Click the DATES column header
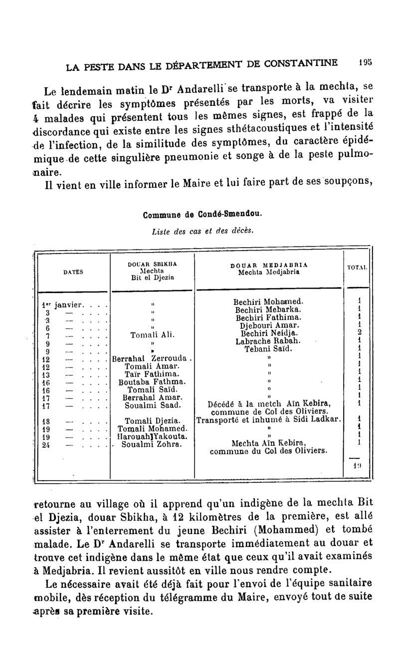73,272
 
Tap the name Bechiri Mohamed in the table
268,302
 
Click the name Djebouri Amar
268,326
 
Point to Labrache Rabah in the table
268,341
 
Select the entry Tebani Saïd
268,349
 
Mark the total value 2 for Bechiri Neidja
358,334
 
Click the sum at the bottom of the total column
357,465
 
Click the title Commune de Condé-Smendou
201,216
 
